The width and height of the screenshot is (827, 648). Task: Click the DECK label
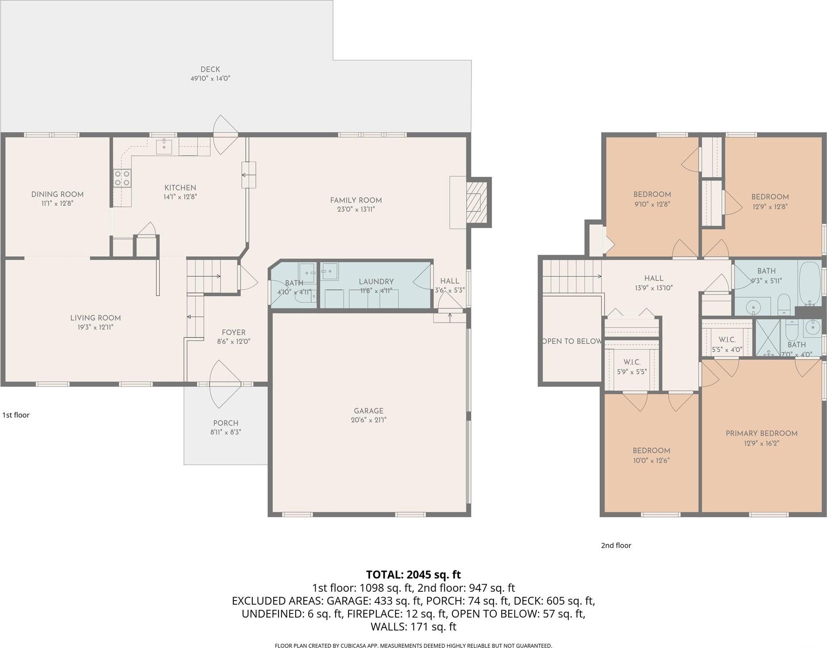[x=210, y=69]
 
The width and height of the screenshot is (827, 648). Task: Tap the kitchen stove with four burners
[x=122, y=178]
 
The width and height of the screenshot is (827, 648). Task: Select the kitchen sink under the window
[x=164, y=146]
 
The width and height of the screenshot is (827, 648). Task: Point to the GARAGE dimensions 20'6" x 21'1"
[x=368, y=420]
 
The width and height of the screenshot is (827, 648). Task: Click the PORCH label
[x=225, y=423]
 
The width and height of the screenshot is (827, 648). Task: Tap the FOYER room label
[x=233, y=332]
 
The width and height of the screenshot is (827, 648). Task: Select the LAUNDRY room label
[x=376, y=281]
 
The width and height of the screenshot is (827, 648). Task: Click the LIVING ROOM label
[x=95, y=318]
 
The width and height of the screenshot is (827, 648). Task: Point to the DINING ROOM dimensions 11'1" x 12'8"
[x=57, y=203]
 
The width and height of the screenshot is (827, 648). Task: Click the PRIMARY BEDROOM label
[x=761, y=433]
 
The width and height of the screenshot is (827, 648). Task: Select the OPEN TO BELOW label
[x=572, y=341]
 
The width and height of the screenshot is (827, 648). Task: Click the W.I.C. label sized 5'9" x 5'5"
[x=631, y=362]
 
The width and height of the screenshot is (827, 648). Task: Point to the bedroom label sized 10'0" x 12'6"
[x=651, y=450]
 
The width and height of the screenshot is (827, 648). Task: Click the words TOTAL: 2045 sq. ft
[x=413, y=574]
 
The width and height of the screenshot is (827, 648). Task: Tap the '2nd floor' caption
[x=616, y=545]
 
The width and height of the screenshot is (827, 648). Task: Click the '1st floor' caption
[x=16, y=415]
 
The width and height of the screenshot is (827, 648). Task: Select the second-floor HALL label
[x=653, y=278]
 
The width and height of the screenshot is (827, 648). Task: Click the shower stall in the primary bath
[x=768, y=337]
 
